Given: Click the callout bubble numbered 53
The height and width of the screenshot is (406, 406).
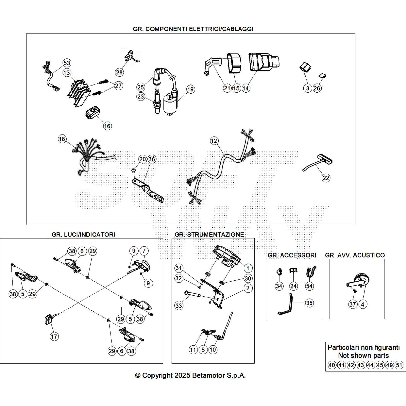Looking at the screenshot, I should [x=67, y=63].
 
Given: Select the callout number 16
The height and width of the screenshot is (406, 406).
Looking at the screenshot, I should [x=107, y=126].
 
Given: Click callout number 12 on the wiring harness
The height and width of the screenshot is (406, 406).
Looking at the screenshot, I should [x=214, y=141].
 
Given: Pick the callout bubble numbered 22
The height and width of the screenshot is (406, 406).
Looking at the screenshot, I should [x=326, y=178].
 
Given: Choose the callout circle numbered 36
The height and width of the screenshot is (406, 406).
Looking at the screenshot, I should [x=152, y=159].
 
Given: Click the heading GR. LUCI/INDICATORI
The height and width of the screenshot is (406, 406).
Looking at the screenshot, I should [x=83, y=234].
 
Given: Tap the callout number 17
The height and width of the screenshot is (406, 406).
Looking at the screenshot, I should [x=54, y=336].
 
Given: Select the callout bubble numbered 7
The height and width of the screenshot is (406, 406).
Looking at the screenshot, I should [x=144, y=251].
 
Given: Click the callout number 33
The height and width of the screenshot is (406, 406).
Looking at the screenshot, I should [x=179, y=306].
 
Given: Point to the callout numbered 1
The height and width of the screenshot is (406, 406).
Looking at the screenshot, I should [x=248, y=268].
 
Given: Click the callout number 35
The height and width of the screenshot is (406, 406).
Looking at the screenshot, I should [x=309, y=303].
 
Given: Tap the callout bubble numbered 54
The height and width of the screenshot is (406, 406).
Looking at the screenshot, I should [x=309, y=286].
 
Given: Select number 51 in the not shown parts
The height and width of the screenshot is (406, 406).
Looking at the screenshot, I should [x=399, y=365].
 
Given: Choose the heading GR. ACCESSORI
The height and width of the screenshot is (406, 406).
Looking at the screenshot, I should [x=292, y=255].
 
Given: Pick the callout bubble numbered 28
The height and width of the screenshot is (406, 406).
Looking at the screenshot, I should [x=119, y=72].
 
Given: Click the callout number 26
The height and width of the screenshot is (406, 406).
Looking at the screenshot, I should [x=317, y=88].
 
